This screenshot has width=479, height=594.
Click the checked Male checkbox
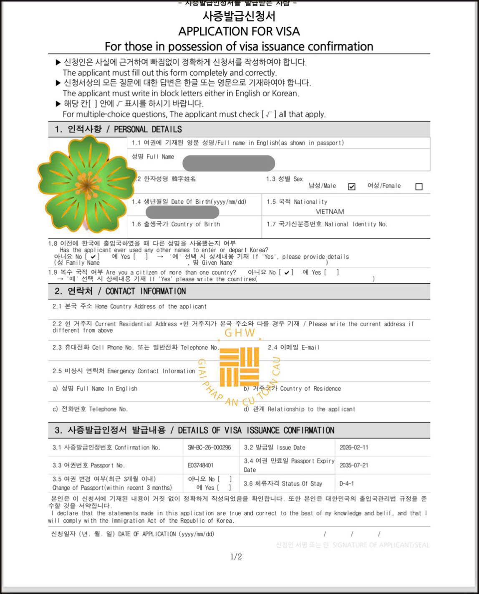click(x=352, y=187)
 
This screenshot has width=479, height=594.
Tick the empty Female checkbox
click(x=419, y=187)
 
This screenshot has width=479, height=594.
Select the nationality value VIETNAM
click(x=330, y=212)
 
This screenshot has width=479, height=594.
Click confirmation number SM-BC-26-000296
click(x=209, y=447)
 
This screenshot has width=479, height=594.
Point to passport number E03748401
click(x=200, y=465)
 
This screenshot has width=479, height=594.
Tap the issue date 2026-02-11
click(x=354, y=447)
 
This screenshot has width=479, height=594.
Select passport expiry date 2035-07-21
click(x=354, y=465)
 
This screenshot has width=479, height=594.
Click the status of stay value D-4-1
click(x=346, y=484)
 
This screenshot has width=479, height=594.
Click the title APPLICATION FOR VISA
click(x=239, y=31)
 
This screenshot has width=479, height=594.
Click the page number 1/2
click(x=236, y=556)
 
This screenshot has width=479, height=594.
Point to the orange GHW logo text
click(x=239, y=333)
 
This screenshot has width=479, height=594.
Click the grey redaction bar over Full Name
click(x=228, y=163)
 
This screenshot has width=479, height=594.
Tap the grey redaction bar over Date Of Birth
click(x=182, y=212)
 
